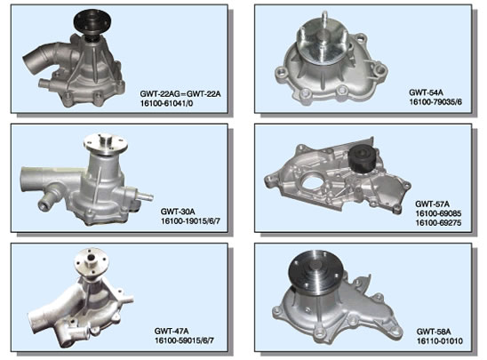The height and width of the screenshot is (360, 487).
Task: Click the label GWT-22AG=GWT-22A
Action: [x=180, y=94]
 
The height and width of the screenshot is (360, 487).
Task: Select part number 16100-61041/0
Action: [x=166, y=103]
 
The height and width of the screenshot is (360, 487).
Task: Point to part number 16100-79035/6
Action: [x=435, y=101]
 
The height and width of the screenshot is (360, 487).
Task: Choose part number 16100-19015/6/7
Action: [x=190, y=221]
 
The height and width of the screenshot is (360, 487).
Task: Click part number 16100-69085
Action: [x=438, y=213]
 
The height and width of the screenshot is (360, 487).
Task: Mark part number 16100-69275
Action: [x=438, y=223]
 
